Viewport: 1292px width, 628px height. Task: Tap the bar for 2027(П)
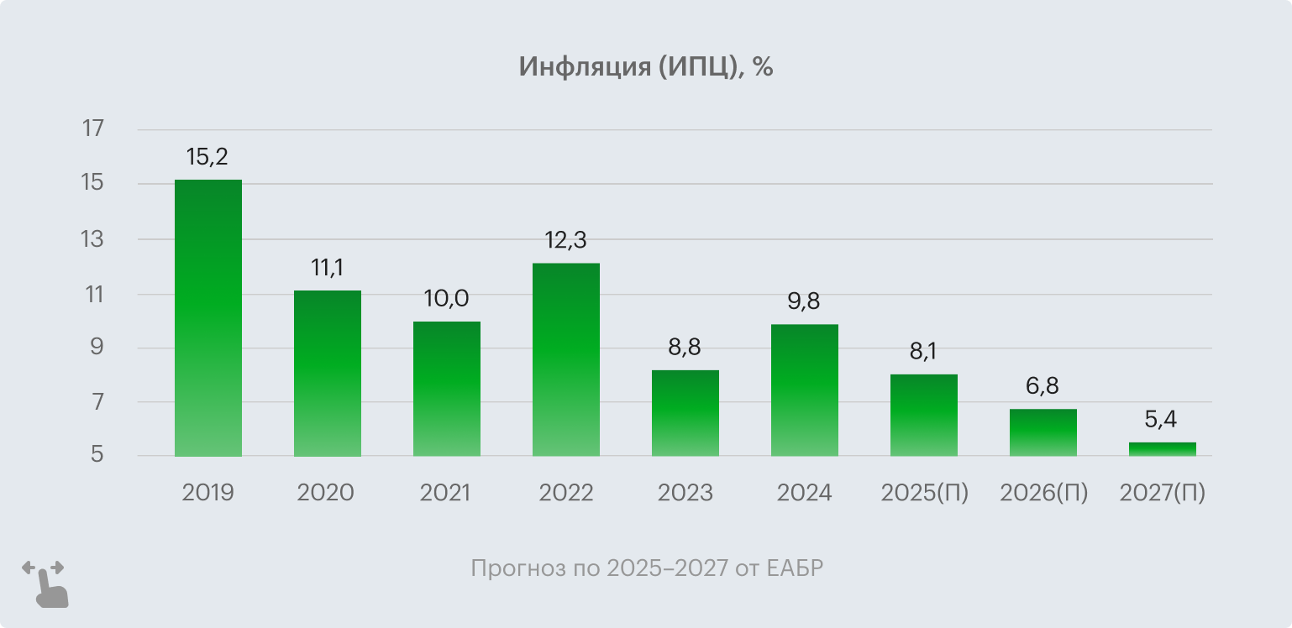pos(1162,449)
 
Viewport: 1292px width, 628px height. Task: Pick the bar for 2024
pos(804,390)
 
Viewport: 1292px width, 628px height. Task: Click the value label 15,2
pos(207,157)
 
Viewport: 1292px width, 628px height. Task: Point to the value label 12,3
pos(565,240)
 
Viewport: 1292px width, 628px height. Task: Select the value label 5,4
pos(1162,420)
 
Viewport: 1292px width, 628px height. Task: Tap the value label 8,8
pos(685,347)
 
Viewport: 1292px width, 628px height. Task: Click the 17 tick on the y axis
pos(92,129)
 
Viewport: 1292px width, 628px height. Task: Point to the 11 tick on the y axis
pos(92,295)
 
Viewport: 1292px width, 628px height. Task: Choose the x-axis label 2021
pos(445,493)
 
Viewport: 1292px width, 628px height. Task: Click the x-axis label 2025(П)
pos(924,493)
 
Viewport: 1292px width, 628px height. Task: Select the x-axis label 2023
pos(685,493)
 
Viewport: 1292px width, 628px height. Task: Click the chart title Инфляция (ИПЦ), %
pos(645,67)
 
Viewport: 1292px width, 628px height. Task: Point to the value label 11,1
pos(327,268)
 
